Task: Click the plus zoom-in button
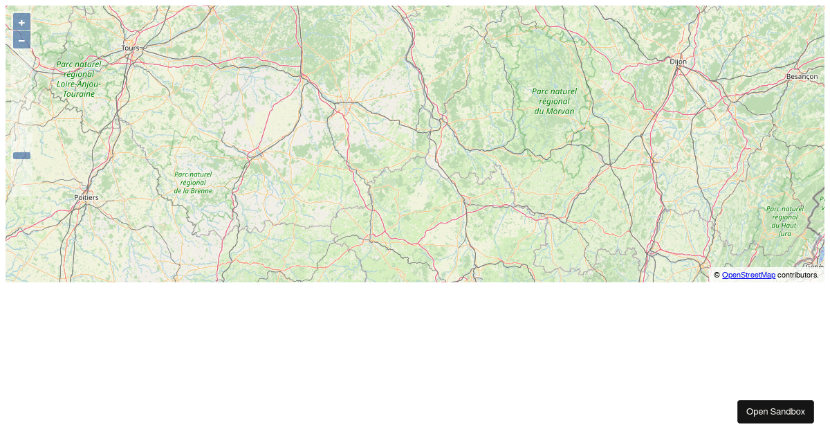pyautogui.click(x=21, y=22)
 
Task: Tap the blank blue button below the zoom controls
pyautogui.click(x=21, y=156)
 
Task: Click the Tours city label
pyautogui.click(x=130, y=48)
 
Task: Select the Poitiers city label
pyautogui.click(x=86, y=197)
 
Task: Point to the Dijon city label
pyautogui.click(x=679, y=61)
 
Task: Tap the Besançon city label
pyautogui.click(x=802, y=76)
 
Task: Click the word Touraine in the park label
pyautogui.click(x=78, y=93)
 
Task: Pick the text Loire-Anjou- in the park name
pyautogui.click(x=79, y=84)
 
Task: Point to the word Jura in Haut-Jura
pyautogui.click(x=784, y=233)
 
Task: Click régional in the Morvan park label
pyautogui.click(x=554, y=101)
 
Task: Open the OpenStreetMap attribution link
pyautogui.click(x=748, y=275)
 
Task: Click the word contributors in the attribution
pyautogui.click(x=797, y=275)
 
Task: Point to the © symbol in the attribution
pyautogui.click(x=717, y=275)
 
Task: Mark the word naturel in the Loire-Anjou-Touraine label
pyautogui.click(x=88, y=64)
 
